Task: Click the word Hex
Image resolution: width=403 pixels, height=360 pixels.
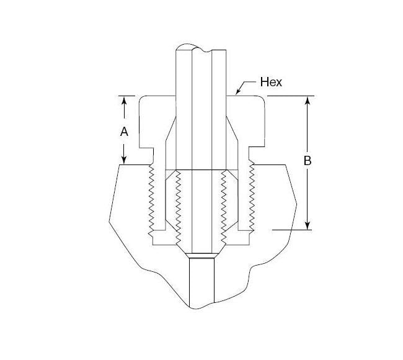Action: click(271, 82)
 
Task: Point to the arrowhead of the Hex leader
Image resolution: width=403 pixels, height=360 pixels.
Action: click(238, 93)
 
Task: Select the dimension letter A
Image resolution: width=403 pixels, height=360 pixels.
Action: click(124, 132)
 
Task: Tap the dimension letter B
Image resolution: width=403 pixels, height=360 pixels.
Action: click(308, 161)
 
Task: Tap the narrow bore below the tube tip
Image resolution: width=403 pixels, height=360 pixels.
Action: click(201, 279)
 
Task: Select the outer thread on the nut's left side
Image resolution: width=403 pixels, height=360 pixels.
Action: click(151, 199)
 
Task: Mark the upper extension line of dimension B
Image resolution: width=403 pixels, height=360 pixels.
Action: click(291, 96)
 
